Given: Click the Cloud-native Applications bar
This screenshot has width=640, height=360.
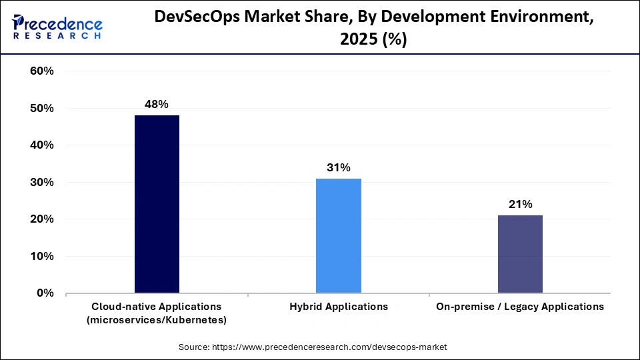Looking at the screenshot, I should pyautogui.click(x=157, y=204).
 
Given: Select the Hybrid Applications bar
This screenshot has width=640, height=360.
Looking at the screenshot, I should pyautogui.click(x=339, y=235).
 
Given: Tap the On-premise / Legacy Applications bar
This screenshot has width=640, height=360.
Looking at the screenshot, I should pyautogui.click(x=520, y=254).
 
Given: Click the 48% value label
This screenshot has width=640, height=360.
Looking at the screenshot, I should pyautogui.click(x=157, y=104).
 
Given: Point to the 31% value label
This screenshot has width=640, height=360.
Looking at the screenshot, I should pyautogui.click(x=339, y=167).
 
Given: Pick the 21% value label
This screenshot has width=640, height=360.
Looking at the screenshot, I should pyautogui.click(x=520, y=204).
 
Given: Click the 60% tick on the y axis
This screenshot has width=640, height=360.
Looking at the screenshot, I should pyautogui.click(x=42, y=71).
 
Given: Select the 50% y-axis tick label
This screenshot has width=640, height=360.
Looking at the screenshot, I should pyautogui.click(x=42, y=108).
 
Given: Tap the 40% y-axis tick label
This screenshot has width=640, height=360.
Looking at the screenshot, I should pyautogui.click(x=42, y=145).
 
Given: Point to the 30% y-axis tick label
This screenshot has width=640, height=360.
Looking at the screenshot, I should pyautogui.click(x=42, y=182).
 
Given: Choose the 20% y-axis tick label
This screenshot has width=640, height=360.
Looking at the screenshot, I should pyautogui.click(x=42, y=219).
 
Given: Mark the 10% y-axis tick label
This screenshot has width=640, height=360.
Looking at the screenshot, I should pyautogui.click(x=42, y=256).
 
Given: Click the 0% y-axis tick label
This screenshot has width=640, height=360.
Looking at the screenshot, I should pyautogui.click(x=45, y=293).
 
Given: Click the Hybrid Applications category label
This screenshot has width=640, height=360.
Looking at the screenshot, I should pyautogui.click(x=339, y=307).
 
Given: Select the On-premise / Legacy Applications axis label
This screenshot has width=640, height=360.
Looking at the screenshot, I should pyautogui.click(x=520, y=307).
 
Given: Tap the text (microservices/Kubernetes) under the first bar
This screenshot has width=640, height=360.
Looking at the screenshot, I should pyautogui.click(x=157, y=320).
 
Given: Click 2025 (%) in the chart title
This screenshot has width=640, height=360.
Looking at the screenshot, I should pyautogui.click(x=373, y=40).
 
